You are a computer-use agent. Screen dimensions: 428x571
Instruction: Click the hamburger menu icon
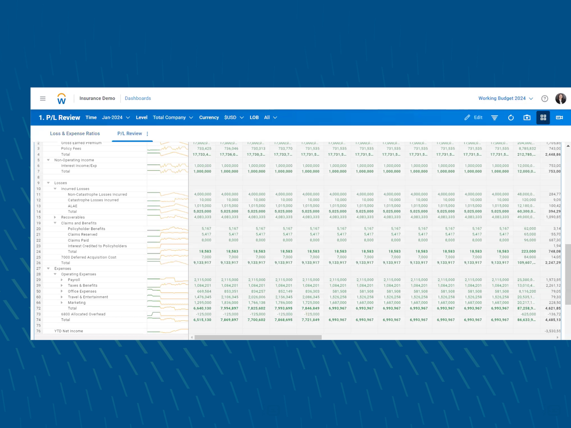tap(43, 99)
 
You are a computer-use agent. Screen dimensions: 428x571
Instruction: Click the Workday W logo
tap(61, 99)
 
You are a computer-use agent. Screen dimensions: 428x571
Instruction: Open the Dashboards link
tap(138, 99)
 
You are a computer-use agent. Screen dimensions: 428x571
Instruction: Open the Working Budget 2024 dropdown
tap(505, 99)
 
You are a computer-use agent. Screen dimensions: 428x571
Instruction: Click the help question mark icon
tap(545, 99)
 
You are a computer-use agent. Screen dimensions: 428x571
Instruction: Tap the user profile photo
tap(560, 99)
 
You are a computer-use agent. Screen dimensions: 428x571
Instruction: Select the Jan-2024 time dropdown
tap(116, 118)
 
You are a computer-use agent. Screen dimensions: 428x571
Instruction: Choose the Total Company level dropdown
tap(173, 118)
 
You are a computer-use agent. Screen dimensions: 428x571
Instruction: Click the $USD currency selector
tap(234, 118)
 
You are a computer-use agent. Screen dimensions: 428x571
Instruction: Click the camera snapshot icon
tap(527, 118)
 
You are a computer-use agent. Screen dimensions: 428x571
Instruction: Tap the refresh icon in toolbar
tap(511, 118)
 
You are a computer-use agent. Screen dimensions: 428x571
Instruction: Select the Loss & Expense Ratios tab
tap(75, 134)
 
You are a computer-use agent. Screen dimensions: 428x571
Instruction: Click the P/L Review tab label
tap(129, 134)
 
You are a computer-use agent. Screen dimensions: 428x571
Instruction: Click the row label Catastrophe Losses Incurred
tap(93, 200)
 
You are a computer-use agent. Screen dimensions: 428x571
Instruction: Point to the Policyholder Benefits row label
tap(86, 229)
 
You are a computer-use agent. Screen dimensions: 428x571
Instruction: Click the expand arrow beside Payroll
tap(62, 280)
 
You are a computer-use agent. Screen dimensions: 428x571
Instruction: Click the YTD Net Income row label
tap(69, 331)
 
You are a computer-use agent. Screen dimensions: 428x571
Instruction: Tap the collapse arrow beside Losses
tap(48, 183)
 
